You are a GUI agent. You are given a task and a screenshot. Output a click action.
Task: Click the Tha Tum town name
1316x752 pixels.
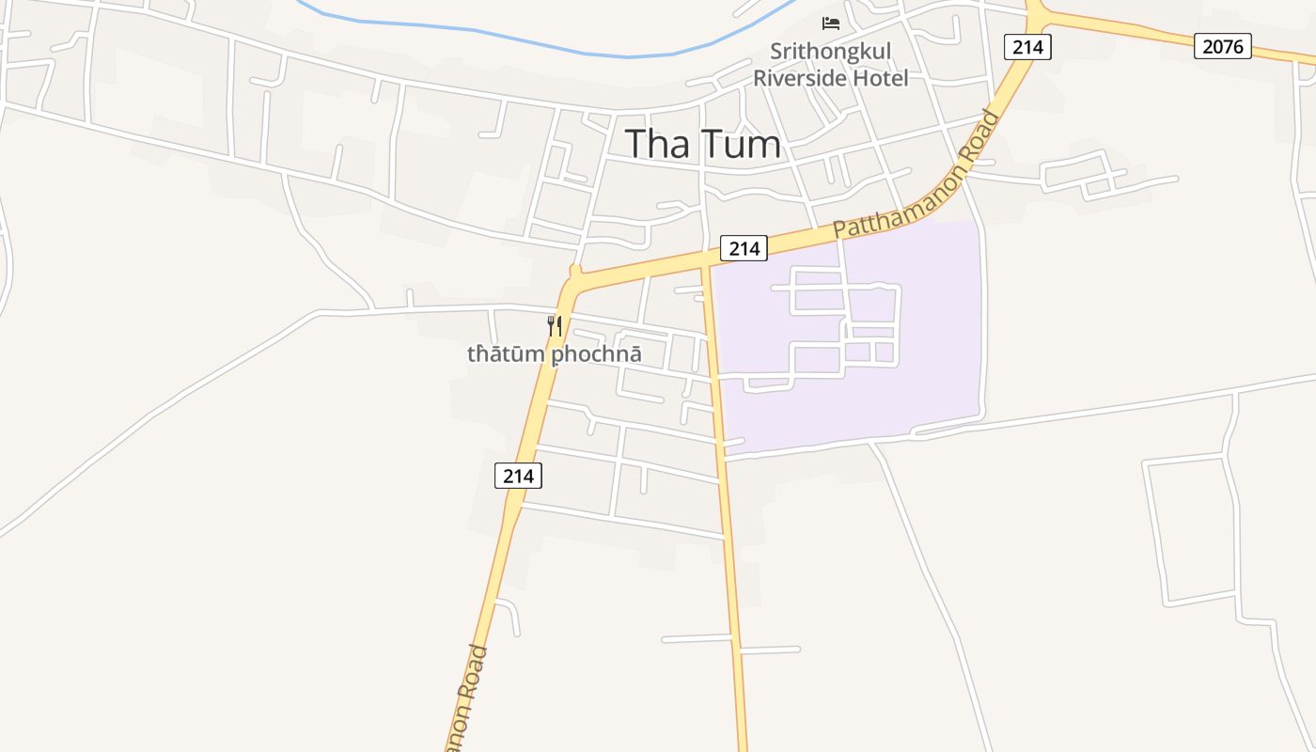(x=703, y=144)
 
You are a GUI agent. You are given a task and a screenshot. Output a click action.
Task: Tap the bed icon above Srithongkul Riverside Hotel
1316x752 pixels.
(x=830, y=23)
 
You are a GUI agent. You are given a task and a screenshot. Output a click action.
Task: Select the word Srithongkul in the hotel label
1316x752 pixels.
(x=830, y=51)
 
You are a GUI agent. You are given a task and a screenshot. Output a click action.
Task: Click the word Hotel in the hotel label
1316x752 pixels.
(x=881, y=78)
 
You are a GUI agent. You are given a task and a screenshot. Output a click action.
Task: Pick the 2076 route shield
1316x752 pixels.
(x=1222, y=45)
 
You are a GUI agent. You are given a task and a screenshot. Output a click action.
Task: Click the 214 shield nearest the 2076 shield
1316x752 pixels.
(x=1026, y=46)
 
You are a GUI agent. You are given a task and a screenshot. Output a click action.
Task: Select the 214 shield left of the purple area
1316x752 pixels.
(x=744, y=248)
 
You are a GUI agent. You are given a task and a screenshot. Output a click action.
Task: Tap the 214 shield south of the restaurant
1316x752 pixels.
(x=518, y=476)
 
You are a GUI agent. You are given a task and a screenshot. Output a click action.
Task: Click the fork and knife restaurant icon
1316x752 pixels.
(x=555, y=326)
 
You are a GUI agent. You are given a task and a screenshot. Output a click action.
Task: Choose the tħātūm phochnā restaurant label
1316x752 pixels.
(x=555, y=354)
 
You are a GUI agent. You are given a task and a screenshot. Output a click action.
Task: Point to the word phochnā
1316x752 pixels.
(x=596, y=354)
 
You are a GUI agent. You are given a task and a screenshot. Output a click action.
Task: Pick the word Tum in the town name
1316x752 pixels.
(x=743, y=144)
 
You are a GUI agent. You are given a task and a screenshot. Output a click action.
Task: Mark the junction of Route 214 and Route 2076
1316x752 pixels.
(x=1037, y=18)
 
